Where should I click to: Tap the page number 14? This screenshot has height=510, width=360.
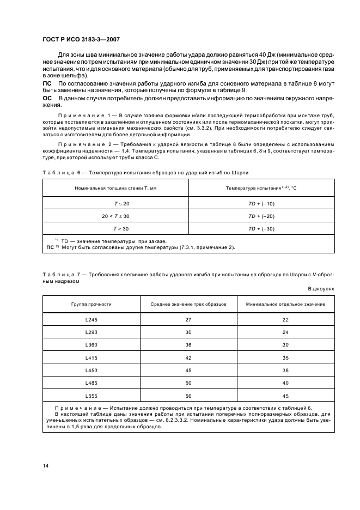coord(45,466)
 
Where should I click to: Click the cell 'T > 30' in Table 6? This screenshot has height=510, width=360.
coord(115,229)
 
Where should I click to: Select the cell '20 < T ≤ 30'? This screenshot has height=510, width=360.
coord(115,216)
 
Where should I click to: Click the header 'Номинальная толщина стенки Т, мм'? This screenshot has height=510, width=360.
coord(115,188)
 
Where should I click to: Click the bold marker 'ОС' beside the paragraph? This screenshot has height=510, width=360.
coord(47,97)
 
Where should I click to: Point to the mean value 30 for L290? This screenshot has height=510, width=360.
coord(188,332)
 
